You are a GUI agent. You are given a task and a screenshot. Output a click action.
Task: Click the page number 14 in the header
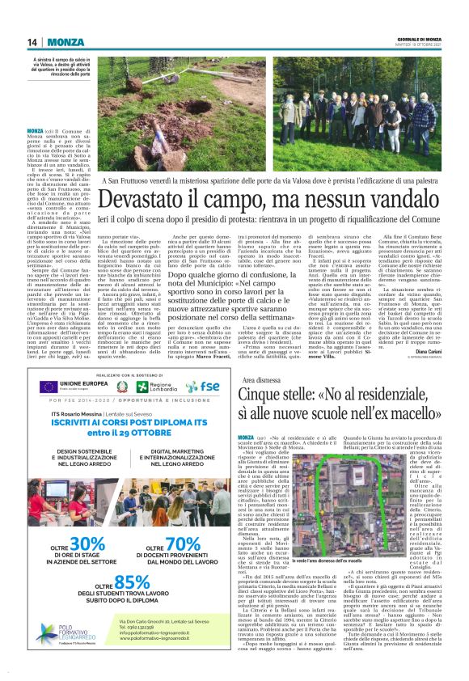(x=33, y=42)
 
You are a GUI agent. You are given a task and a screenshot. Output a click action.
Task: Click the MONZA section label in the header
(x=65, y=42)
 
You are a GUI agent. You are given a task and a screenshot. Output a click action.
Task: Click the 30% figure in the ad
(x=84, y=544)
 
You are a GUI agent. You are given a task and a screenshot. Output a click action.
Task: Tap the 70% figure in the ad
(x=176, y=544)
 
